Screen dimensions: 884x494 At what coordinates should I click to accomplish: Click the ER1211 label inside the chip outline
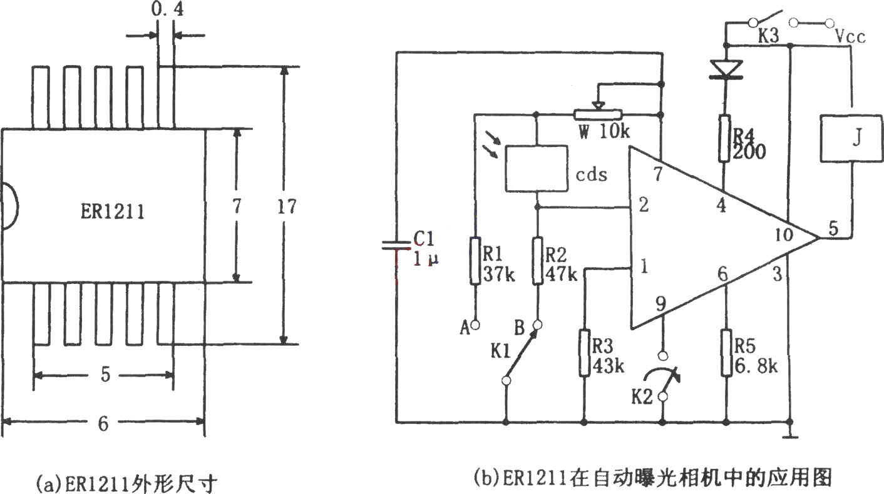pyautogui.click(x=113, y=212)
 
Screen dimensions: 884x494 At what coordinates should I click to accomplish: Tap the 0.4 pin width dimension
pyautogui.click(x=167, y=9)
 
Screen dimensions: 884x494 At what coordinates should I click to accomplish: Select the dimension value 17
pyautogui.click(x=287, y=206)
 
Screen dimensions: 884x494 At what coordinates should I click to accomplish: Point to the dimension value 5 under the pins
pyautogui.click(x=105, y=374)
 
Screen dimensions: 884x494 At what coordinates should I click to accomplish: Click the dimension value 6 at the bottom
pyautogui.click(x=103, y=423)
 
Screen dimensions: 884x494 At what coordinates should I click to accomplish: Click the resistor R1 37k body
pyautogui.click(x=476, y=261)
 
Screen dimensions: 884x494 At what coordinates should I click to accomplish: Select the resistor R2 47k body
pyautogui.click(x=538, y=261)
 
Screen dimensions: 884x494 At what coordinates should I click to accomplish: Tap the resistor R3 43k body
pyautogui.click(x=585, y=353)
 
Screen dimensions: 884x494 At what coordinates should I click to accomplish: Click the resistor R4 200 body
pyautogui.click(x=724, y=138)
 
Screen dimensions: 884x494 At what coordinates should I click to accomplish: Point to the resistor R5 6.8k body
pyautogui.click(x=726, y=353)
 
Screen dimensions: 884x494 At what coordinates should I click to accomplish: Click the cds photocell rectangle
pyautogui.click(x=537, y=169)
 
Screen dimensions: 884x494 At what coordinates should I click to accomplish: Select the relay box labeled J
pyautogui.click(x=851, y=138)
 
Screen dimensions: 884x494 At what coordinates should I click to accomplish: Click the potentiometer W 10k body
pyautogui.click(x=597, y=114)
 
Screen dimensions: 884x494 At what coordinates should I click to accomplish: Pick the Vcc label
pyautogui.click(x=850, y=37)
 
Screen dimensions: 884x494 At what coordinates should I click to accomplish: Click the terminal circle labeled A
pyautogui.click(x=476, y=325)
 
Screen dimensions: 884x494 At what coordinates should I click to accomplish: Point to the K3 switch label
pyautogui.click(x=768, y=36)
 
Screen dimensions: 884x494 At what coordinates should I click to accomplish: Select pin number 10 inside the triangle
pyautogui.click(x=783, y=235)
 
